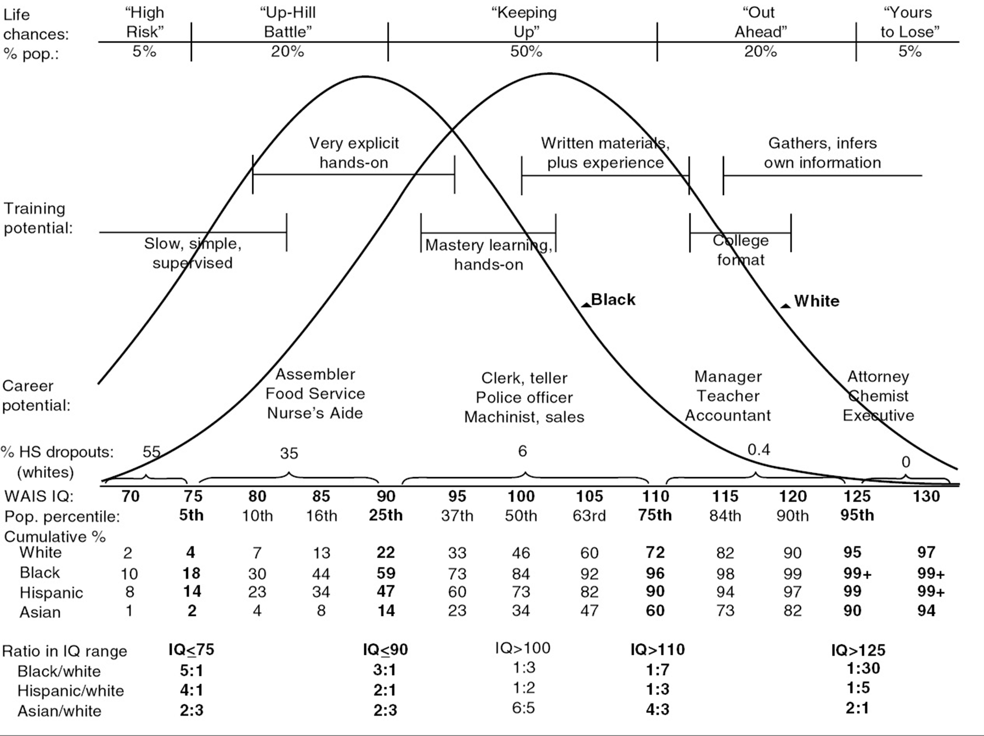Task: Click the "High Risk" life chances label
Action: (x=145, y=22)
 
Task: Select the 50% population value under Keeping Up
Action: (x=526, y=52)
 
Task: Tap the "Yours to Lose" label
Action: (x=909, y=22)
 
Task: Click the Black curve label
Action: (x=613, y=299)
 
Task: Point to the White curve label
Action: (x=816, y=301)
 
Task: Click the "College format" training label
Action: (x=740, y=250)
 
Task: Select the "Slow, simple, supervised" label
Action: (x=193, y=253)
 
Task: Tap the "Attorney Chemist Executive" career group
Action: (x=878, y=395)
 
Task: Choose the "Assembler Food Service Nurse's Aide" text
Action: (x=315, y=393)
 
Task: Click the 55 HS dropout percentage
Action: (x=151, y=452)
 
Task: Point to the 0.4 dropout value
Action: (x=759, y=450)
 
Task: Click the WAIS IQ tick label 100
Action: (x=521, y=496)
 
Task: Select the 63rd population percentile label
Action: (x=589, y=516)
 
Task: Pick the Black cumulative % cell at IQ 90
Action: (x=386, y=573)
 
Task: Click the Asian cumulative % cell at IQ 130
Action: (x=926, y=610)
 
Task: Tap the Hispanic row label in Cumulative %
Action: (x=51, y=593)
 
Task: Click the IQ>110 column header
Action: (x=657, y=650)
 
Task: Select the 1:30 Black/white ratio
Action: (x=863, y=668)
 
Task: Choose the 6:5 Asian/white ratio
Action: (x=523, y=708)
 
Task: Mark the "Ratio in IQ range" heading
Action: (x=65, y=651)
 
